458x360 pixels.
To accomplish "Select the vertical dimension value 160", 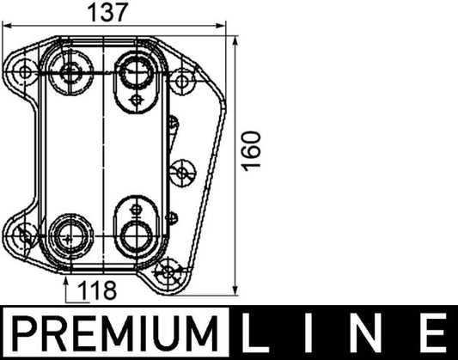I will coord(250,150).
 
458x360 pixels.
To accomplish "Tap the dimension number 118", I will coord(97,290).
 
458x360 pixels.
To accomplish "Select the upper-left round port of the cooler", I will coord(69,71).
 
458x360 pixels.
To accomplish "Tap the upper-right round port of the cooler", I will coord(136,70).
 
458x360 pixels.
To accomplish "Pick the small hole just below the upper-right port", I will coord(138,100).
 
